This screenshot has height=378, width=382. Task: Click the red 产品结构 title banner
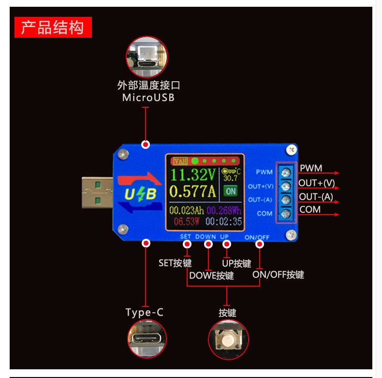tap(53, 28)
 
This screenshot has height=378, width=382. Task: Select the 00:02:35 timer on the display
tap(223, 222)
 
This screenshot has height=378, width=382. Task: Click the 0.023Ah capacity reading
tap(187, 211)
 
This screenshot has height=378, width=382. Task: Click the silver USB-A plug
tap(97, 192)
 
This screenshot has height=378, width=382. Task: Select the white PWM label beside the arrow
tap(311, 168)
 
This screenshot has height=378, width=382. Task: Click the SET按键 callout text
tap(175, 263)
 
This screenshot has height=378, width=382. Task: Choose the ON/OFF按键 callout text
tap(278, 275)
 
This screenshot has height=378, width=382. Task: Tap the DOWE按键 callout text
tap(211, 276)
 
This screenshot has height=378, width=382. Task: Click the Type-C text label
tap(145, 312)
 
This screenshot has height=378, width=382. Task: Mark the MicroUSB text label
tap(148, 97)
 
